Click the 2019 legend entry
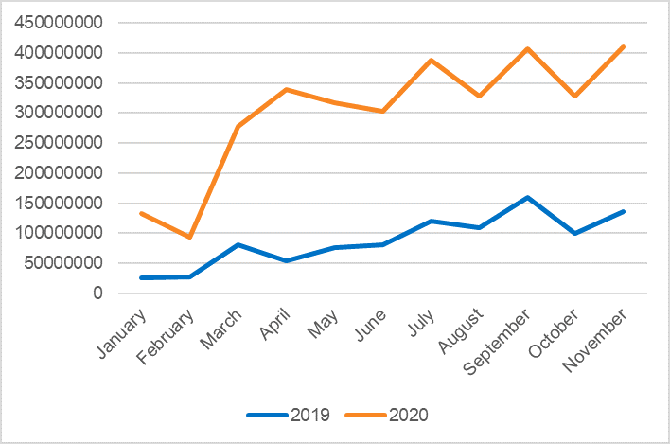click(x=289, y=415)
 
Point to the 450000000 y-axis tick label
click(x=59, y=23)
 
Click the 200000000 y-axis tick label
click(x=59, y=173)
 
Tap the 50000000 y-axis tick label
click(x=63, y=263)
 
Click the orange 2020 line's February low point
click(x=190, y=237)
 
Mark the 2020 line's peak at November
click(x=624, y=46)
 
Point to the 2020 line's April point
click(x=287, y=89)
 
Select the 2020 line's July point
click(x=431, y=60)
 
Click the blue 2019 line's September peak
click(x=527, y=197)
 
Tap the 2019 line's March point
click(x=238, y=244)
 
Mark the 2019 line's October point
click(x=575, y=233)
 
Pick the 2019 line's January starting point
click(x=142, y=277)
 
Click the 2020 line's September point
click(x=527, y=48)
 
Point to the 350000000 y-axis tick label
click(x=59, y=83)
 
